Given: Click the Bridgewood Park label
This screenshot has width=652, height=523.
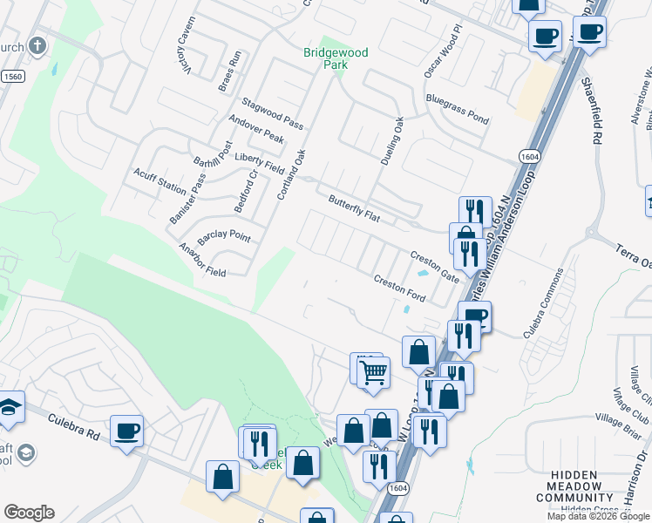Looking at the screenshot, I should [x=336, y=58].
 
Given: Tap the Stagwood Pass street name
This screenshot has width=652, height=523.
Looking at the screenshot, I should [x=271, y=114].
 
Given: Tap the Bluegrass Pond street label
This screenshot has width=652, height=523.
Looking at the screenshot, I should [x=457, y=105].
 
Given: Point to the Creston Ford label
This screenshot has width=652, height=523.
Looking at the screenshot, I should [x=399, y=290].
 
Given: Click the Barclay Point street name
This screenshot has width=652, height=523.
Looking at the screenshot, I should [x=224, y=237].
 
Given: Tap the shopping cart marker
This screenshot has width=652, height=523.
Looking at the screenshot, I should [x=373, y=373].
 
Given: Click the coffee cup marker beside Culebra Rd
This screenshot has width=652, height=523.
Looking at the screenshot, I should [x=127, y=430].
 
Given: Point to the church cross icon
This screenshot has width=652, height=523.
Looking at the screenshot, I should [x=37, y=45].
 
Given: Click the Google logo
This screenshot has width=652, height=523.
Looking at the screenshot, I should [x=29, y=513].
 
